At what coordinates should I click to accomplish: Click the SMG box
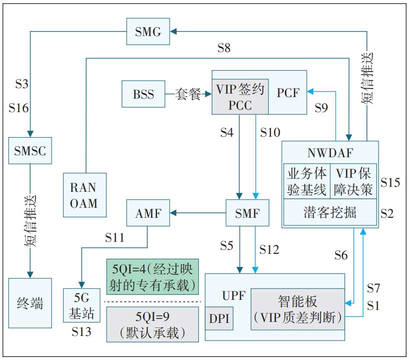(148, 32)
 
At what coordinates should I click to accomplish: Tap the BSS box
(144, 94)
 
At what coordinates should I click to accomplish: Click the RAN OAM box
(85, 195)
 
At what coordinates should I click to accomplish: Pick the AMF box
(148, 214)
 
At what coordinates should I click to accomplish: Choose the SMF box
(247, 214)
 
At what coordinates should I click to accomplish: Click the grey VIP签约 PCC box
(241, 96)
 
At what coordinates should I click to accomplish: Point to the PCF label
(288, 93)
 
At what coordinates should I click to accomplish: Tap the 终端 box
(30, 303)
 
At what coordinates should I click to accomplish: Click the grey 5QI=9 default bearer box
(153, 324)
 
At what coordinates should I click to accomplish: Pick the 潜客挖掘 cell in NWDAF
(330, 212)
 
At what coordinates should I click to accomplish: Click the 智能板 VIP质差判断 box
(297, 309)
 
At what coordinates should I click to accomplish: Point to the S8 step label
(224, 48)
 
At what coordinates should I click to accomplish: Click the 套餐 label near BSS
(188, 94)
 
